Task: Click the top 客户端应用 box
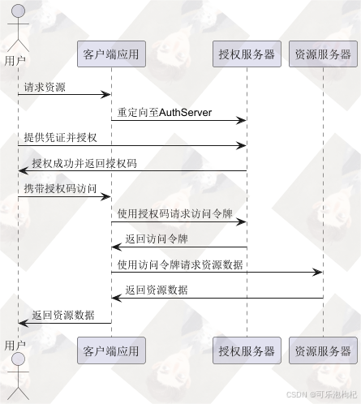click(x=111, y=55)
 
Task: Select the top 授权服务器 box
click(x=247, y=55)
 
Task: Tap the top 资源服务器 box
click(x=323, y=55)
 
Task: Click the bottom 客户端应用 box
click(x=111, y=351)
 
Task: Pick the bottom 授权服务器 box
click(x=247, y=351)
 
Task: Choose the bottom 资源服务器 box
click(x=323, y=351)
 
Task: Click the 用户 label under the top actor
click(x=15, y=61)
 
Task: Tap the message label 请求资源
click(x=45, y=87)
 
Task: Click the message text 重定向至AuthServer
click(x=164, y=113)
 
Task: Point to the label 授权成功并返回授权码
click(x=84, y=163)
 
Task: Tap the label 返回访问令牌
click(x=157, y=239)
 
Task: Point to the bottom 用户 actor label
click(x=15, y=346)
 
